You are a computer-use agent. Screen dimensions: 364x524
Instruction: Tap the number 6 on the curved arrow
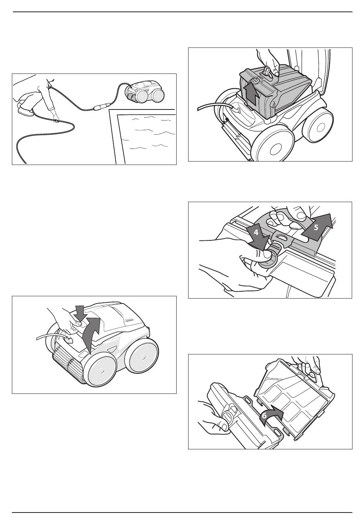[264, 416]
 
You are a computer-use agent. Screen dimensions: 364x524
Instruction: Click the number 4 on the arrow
[256, 233]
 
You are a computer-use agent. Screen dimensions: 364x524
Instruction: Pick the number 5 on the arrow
[316, 227]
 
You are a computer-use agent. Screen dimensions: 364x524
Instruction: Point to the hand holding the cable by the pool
[55, 116]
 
